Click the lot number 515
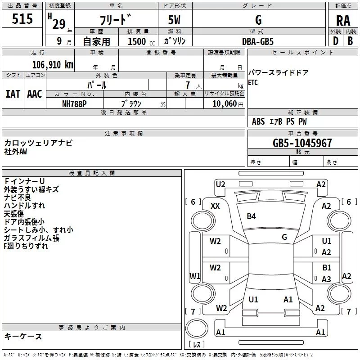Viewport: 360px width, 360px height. click(23, 19)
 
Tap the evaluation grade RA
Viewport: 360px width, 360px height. click(343, 21)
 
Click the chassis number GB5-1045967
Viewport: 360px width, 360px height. click(302, 144)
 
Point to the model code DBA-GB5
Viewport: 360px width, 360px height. click(258, 41)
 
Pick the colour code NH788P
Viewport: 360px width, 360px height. click(75, 103)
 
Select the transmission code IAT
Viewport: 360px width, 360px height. click(13, 94)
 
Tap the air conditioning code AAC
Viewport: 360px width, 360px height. click(34, 94)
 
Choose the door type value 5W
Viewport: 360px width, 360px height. click(175, 20)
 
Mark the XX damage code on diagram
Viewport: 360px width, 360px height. click(215, 206)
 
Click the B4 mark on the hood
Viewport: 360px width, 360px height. click(251, 216)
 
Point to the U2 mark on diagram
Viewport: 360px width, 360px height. click(220, 184)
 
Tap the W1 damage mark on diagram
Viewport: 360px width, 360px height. click(194, 276)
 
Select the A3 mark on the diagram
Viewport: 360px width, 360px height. click(326, 279)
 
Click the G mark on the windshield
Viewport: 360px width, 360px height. click(284, 237)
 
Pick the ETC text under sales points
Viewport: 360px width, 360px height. click(253, 83)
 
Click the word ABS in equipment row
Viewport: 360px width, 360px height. click(258, 121)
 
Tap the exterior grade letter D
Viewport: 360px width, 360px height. click(335, 41)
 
